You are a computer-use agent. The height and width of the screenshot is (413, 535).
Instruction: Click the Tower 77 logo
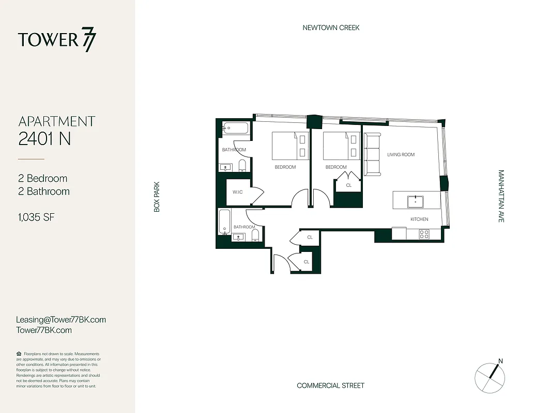coord(57,40)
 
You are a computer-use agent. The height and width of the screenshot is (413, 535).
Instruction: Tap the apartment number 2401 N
coord(44,138)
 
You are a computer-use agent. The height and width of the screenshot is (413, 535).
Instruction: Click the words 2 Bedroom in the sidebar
coord(43,179)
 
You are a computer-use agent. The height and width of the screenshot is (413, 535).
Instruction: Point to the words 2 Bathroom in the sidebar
coord(44,192)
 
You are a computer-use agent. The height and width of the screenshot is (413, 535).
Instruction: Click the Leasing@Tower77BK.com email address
coord(61,320)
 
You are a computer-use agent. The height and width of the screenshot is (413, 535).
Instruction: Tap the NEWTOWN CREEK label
coord(331,28)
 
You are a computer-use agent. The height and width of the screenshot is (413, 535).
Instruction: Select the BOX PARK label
coord(157,196)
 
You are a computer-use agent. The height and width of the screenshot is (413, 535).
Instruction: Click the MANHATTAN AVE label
coord(501,196)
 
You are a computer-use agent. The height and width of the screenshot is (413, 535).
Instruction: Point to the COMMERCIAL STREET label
coord(330,386)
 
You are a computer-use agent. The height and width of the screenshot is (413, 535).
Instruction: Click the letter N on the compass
coord(500,361)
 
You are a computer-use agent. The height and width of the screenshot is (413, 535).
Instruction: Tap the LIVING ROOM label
coord(401,155)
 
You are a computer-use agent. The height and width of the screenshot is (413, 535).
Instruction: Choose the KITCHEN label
coord(419,219)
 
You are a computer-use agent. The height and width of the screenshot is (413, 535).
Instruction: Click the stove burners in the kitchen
coord(424,234)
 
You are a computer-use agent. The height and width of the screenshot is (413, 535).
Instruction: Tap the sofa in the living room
coord(372,154)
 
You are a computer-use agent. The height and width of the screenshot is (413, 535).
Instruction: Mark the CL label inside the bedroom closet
coord(348,185)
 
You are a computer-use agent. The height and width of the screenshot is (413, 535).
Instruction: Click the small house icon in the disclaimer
coord(19,354)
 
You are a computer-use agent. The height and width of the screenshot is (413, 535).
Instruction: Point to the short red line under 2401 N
coord(31,159)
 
